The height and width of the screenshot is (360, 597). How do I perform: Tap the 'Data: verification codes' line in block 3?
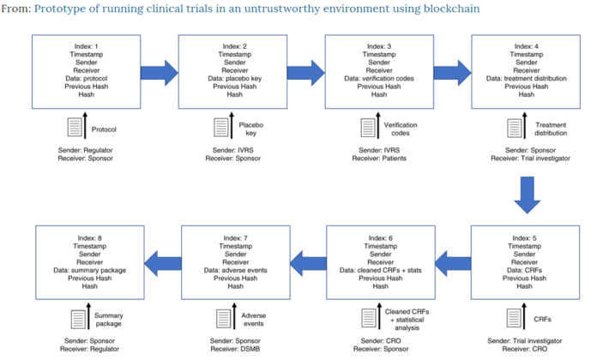pos(378,78)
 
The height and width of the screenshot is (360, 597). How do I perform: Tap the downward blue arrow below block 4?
pos(526,196)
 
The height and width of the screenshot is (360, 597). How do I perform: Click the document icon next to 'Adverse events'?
pos(220,320)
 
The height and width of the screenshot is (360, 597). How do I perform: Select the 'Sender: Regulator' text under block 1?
pos(86,152)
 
